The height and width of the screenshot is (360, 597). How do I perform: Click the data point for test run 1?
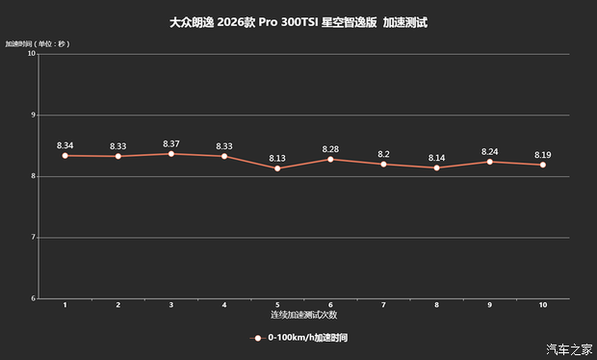pyautogui.click(x=65, y=155)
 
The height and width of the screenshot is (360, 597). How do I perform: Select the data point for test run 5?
pyautogui.click(x=277, y=168)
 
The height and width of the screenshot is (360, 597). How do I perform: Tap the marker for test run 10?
pyautogui.click(x=543, y=165)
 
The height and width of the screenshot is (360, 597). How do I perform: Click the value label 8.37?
pyautogui.click(x=171, y=143)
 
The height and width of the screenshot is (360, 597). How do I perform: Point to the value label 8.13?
pyautogui.click(x=277, y=158)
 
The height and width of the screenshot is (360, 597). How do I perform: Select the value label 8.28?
pyautogui.click(x=330, y=149)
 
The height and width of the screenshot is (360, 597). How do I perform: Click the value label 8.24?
pyautogui.click(x=490, y=151)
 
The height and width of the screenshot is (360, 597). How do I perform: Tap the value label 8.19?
pyautogui.click(x=543, y=154)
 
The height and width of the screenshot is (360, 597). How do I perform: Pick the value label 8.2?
pyautogui.click(x=383, y=154)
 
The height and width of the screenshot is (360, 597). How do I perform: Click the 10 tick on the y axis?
pyautogui.click(x=31, y=54)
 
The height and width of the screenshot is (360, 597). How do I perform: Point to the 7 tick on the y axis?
pyautogui.click(x=33, y=238)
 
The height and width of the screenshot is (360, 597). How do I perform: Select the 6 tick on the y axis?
pyautogui.click(x=33, y=298)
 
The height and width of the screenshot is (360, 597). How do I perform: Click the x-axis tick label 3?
pyautogui.click(x=171, y=305)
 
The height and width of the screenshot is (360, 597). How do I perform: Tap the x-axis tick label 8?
pyautogui.click(x=436, y=305)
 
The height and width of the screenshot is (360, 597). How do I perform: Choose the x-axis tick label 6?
pyautogui.click(x=330, y=305)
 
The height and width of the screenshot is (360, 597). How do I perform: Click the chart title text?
pyautogui.click(x=298, y=20)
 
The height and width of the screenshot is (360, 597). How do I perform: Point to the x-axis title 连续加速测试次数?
pyautogui.click(x=303, y=315)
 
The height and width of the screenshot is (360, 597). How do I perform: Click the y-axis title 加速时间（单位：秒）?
pyautogui.click(x=38, y=43)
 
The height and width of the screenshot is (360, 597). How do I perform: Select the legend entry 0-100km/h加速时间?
pyautogui.click(x=307, y=338)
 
